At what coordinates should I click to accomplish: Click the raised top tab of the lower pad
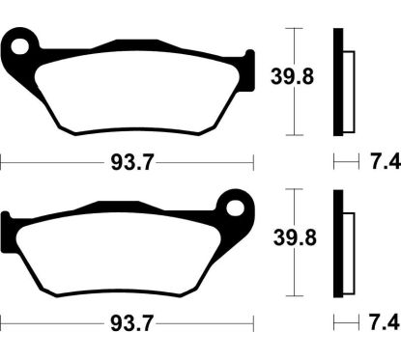coord(111,207)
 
